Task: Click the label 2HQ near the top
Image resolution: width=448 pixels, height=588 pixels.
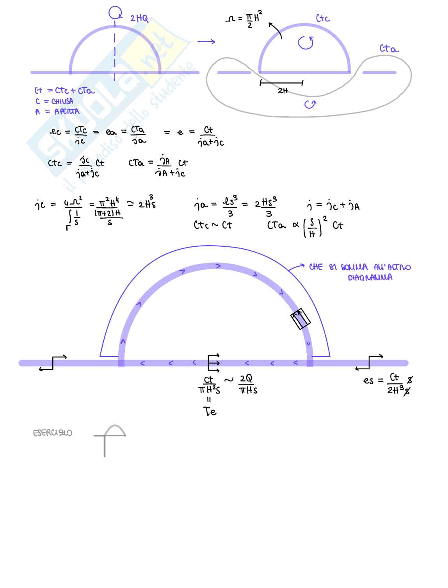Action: tap(139, 18)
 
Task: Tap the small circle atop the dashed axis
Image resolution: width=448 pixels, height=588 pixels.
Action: tap(115, 12)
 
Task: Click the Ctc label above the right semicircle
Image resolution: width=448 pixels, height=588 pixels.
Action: tap(323, 18)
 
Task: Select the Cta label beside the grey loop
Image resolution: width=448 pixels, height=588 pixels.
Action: tap(389, 49)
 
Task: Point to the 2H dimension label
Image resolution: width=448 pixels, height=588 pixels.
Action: tap(283, 91)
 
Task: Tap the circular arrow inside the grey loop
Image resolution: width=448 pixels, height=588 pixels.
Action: tap(310, 104)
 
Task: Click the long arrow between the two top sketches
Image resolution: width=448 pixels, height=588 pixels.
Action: tap(206, 41)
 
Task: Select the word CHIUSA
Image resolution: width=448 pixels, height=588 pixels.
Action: tap(62, 101)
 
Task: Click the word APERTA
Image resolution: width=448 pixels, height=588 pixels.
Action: tap(67, 112)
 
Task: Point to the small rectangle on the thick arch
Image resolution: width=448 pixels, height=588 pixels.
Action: tap(300, 319)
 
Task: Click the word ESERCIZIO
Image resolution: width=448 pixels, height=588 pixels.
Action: tap(53, 433)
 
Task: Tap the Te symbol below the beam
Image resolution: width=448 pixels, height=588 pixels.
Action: tap(210, 411)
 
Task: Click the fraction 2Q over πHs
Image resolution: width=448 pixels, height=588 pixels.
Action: tap(247, 384)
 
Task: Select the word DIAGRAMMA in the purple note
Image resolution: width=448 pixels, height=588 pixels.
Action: tap(370, 278)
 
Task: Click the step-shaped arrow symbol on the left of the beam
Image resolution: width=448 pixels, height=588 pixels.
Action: tap(53, 362)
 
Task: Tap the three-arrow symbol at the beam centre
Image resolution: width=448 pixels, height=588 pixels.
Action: tap(214, 363)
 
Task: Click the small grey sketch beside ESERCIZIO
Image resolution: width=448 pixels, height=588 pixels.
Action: tap(110, 440)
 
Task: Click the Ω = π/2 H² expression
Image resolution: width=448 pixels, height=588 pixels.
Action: tap(244, 20)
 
